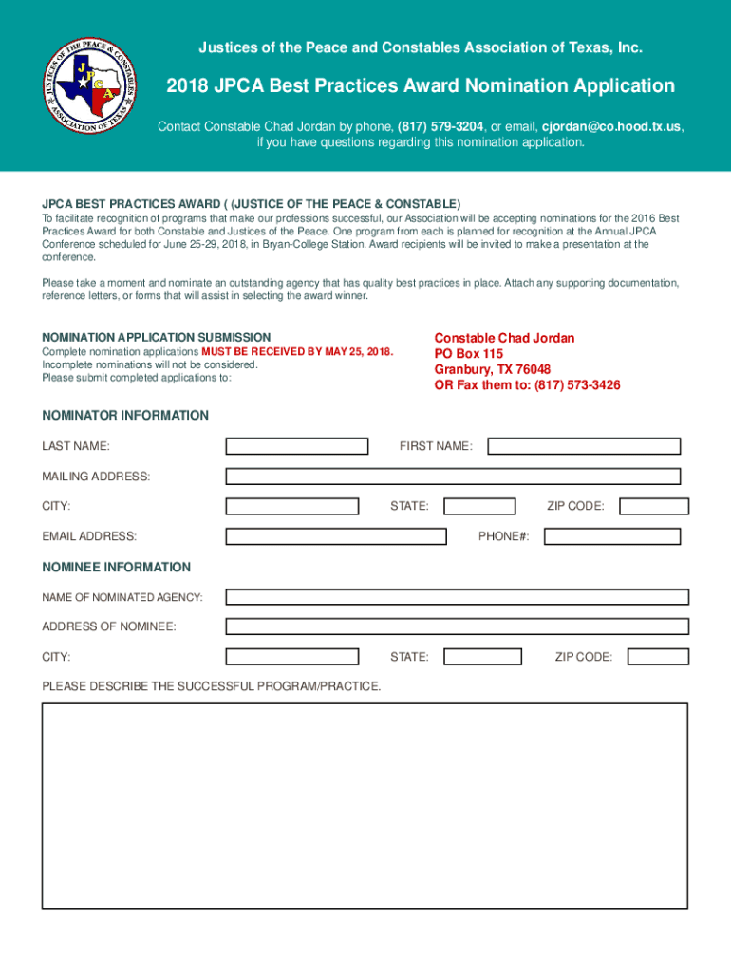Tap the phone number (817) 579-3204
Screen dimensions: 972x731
coord(440,126)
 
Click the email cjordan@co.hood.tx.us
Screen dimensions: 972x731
coord(611,126)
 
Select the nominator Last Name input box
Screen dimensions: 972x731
coord(296,446)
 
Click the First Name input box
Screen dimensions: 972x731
coord(584,446)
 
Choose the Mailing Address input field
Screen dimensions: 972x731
coord(453,477)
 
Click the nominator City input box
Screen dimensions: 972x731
coord(291,506)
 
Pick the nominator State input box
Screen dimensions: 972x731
coord(479,506)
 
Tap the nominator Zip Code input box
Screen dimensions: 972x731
coord(649,506)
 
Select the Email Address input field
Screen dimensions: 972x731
coord(336,536)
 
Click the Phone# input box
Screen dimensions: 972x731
coord(611,536)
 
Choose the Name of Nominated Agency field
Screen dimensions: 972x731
coord(457,597)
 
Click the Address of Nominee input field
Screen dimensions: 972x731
coord(457,626)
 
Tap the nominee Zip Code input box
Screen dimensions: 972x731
coord(658,657)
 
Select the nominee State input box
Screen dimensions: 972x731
coord(482,657)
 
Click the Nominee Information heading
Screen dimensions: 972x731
coord(116,567)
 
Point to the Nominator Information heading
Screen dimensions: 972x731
coord(124,415)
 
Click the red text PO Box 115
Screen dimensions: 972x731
coord(469,354)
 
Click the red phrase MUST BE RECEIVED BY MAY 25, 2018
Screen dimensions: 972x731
coord(297,352)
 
